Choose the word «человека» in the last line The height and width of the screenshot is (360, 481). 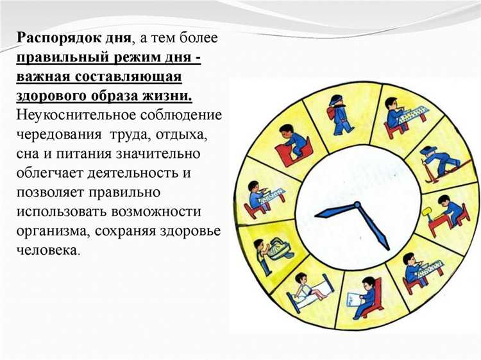pos(48,250)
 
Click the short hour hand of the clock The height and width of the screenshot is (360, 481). pos(335,210)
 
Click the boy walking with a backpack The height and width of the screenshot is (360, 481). pos(338,114)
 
